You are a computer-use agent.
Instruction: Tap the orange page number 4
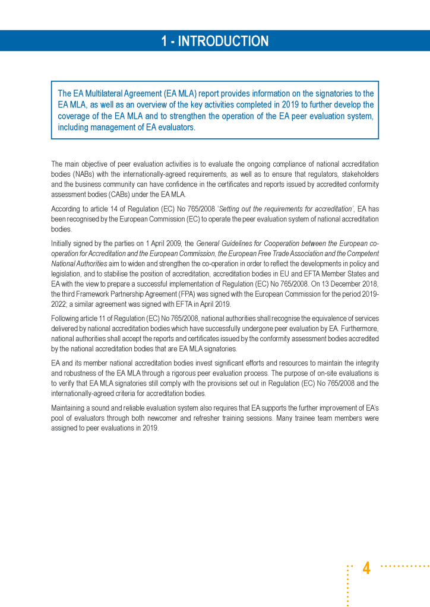366,568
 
